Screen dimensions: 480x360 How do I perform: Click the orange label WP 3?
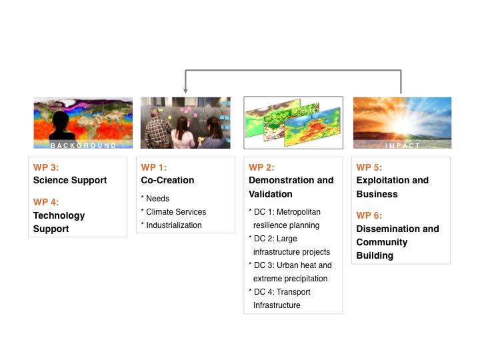coord(46,167)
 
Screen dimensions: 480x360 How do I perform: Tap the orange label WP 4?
coord(46,202)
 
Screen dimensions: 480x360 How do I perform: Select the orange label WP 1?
coord(154,167)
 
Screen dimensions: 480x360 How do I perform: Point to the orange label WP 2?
coord(261,167)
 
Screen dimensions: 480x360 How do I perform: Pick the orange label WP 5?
coord(369,167)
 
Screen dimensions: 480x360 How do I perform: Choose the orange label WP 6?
coord(369,215)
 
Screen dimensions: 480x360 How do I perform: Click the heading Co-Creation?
coord(167,180)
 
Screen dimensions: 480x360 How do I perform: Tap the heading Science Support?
coord(70,180)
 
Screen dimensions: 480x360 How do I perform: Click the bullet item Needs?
coord(157,199)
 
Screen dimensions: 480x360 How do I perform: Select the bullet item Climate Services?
coord(176,212)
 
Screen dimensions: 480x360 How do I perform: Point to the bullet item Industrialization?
coord(174,225)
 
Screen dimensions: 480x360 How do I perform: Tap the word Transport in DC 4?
coord(293,292)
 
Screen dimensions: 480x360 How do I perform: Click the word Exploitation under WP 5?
coord(383,180)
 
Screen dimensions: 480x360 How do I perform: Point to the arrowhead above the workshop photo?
coord(185,91)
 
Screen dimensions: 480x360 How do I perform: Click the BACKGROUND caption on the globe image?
coord(83,145)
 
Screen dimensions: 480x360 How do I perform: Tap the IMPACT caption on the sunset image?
coord(402,146)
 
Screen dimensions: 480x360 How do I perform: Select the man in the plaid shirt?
coord(158,130)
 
